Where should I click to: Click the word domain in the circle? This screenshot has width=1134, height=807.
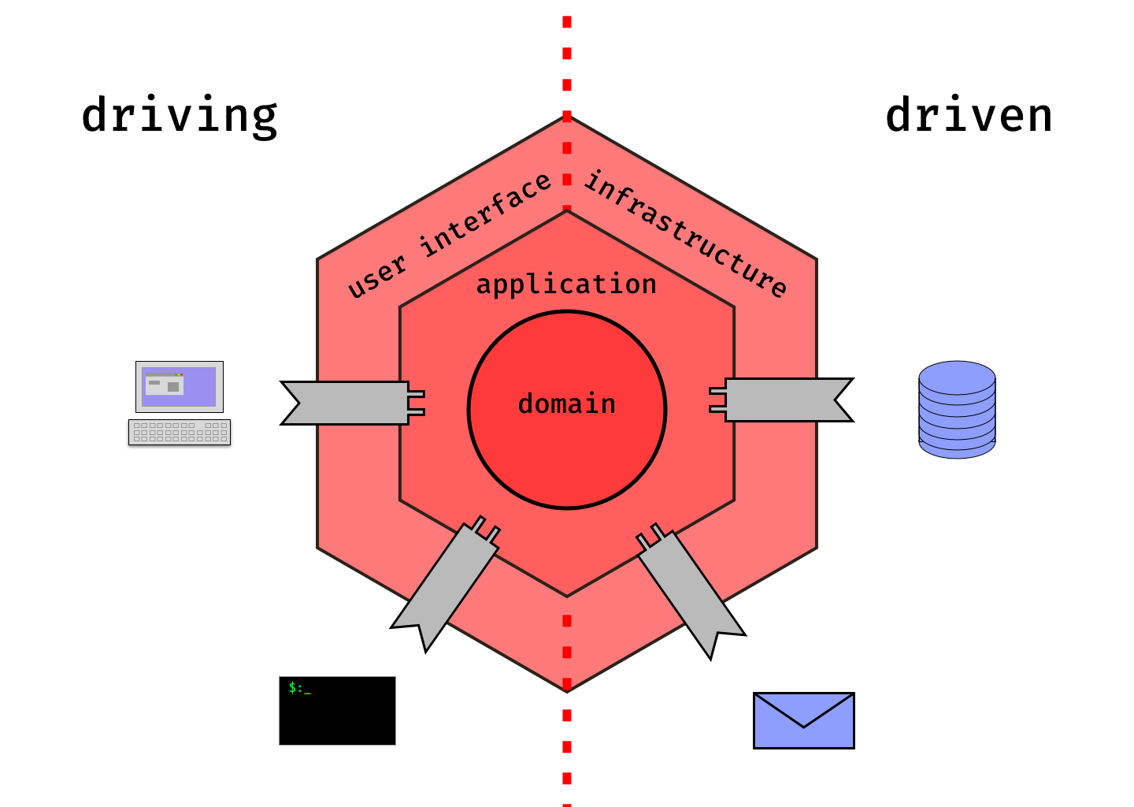coord(566,404)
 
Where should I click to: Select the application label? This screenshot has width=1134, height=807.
coord(566,284)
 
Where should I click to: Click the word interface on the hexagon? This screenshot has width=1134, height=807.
coord(486,214)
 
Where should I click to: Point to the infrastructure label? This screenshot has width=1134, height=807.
coord(685,234)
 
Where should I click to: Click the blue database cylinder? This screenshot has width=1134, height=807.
coord(957,410)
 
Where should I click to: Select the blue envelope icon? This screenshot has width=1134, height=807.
coord(803,720)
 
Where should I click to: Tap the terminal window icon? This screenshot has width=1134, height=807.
coord(337,711)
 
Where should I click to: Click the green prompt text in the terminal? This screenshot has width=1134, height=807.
coord(299,688)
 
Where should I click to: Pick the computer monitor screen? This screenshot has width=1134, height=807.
coord(179,387)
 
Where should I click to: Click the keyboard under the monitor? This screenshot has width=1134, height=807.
coord(180,432)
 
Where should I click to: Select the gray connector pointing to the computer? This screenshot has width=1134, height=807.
coord(346,403)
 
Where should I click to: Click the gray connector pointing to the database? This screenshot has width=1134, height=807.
coord(787,400)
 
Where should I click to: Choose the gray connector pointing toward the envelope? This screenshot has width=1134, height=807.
coord(689,587)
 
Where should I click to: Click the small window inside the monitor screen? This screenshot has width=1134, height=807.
coord(165,385)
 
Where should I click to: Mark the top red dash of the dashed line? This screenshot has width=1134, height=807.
coord(566,22)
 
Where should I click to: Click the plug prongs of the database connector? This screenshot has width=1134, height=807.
coord(717,400)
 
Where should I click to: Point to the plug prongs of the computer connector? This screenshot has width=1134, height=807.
coord(416,403)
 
